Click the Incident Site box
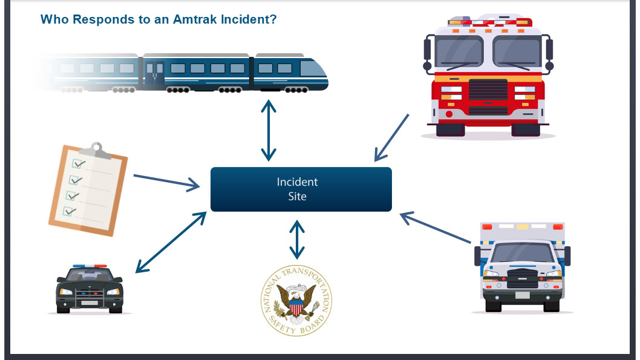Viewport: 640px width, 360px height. (x=301, y=189)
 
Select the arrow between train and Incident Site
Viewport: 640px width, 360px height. (x=269, y=130)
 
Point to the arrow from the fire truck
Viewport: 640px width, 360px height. (x=391, y=138)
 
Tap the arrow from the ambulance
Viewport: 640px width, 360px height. (x=435, y=227)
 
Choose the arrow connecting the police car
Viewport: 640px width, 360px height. (x=171, y=243)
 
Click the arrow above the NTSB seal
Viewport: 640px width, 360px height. (x=297, y=240)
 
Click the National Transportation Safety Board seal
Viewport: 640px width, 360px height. (x=296, y=301)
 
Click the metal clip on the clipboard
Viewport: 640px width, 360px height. (x=96, y=151)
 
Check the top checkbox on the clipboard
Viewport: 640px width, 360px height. (x=77, y=164)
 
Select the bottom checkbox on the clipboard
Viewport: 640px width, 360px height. (x=69, y=211)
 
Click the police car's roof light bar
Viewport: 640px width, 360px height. (x=90, y=266)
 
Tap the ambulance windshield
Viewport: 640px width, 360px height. (x=522, y=253)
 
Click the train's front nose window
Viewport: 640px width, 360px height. (x=313, y=68)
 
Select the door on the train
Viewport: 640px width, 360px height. (x=154, y=73)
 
